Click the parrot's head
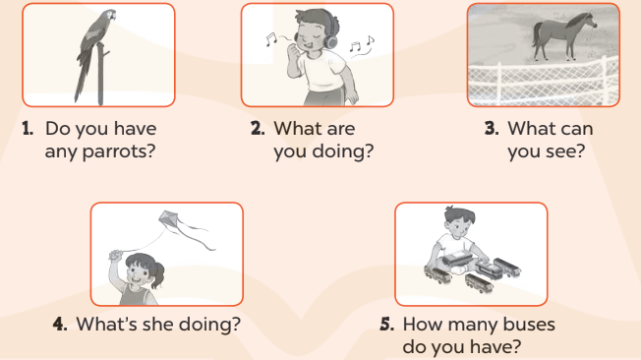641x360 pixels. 108,16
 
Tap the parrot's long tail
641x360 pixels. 82,80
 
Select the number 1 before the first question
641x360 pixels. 28,129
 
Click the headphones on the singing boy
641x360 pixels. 330,32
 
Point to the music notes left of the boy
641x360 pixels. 271,38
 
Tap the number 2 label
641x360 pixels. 258,129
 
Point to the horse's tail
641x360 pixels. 537,33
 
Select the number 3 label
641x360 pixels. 492,129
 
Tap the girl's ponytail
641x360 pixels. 158,274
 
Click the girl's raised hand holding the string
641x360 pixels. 116,255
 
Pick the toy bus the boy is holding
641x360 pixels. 457,259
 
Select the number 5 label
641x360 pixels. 386,324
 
